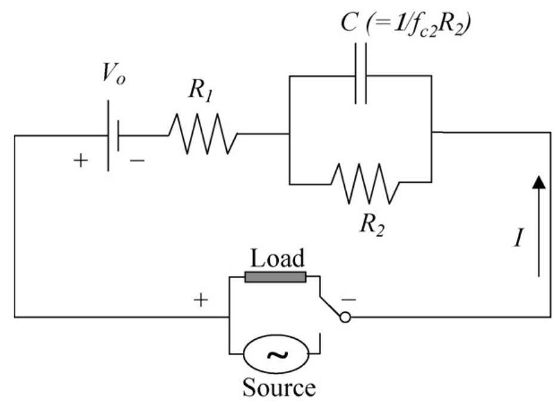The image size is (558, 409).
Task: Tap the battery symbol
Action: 113,136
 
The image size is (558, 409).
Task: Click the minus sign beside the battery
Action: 136,162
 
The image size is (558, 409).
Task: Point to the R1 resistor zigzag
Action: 203,134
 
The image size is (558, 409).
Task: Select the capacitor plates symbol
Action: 360,76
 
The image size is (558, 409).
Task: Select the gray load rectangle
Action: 275,277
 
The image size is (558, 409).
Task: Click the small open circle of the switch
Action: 346,318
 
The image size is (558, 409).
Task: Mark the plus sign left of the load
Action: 202,300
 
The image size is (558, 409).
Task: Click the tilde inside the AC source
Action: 276,356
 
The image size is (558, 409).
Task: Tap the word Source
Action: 278,389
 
